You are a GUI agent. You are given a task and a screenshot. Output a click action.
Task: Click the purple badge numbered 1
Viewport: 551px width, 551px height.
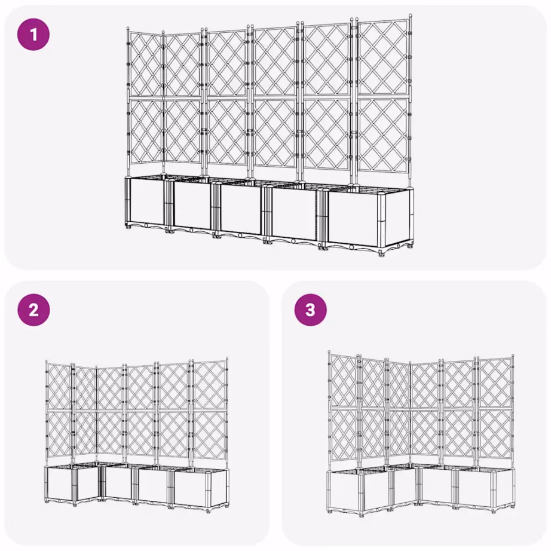[x=33, y=33]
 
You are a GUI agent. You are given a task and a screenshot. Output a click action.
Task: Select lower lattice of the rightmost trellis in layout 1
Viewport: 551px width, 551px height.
[x=383, y=134]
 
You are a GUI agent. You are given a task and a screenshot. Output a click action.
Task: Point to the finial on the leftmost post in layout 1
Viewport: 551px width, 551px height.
[x=128, y=28]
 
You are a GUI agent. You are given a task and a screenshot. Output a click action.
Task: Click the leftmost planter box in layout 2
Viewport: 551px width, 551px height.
[x=60, y=484]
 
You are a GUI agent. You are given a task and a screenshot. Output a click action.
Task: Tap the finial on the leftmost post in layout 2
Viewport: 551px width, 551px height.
[x=47, y=362]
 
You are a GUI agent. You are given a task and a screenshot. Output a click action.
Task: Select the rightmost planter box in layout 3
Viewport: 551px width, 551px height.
[x=485, y=490]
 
